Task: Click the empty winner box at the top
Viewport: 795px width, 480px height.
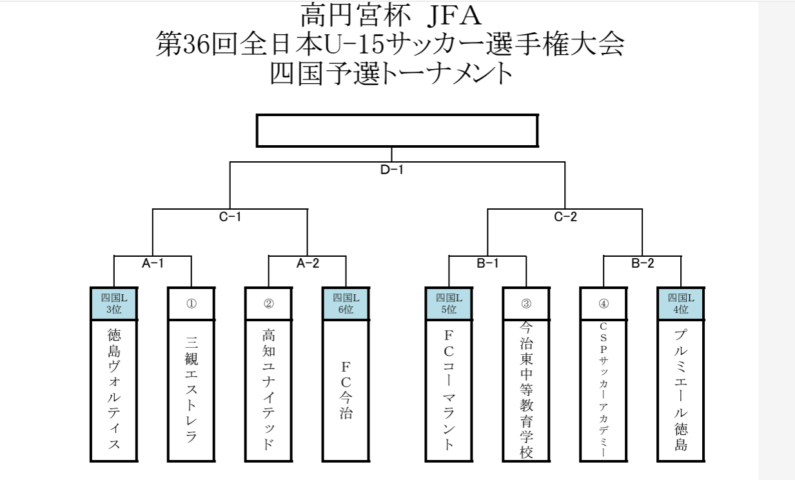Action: pos(397,132)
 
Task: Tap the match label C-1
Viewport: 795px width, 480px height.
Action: pos(230,217)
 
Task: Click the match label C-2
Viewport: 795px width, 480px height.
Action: pos(565,217)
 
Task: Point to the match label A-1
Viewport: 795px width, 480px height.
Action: pos(153,263)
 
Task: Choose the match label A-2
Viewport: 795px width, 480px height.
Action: pos(308,263)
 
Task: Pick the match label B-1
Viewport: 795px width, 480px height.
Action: pos(488,263)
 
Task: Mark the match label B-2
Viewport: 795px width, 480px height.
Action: pos(643,263)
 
